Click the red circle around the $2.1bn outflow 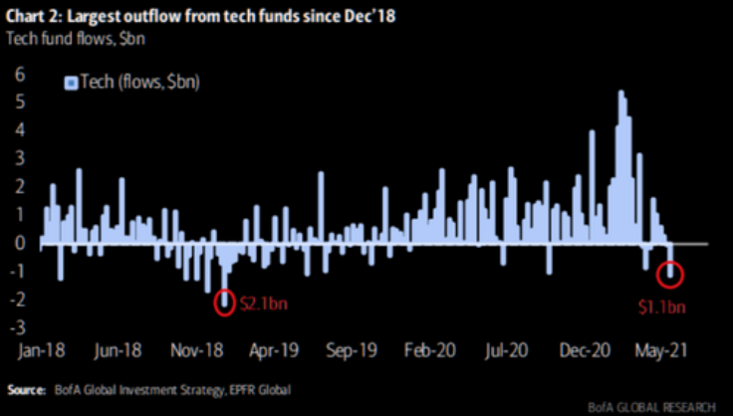[225, 302]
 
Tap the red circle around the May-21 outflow [671, 272]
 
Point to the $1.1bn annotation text [662, 307]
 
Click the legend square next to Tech [70, 83]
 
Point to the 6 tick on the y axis [19, 73]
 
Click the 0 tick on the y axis [19, 242]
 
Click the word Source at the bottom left [29, 387]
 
